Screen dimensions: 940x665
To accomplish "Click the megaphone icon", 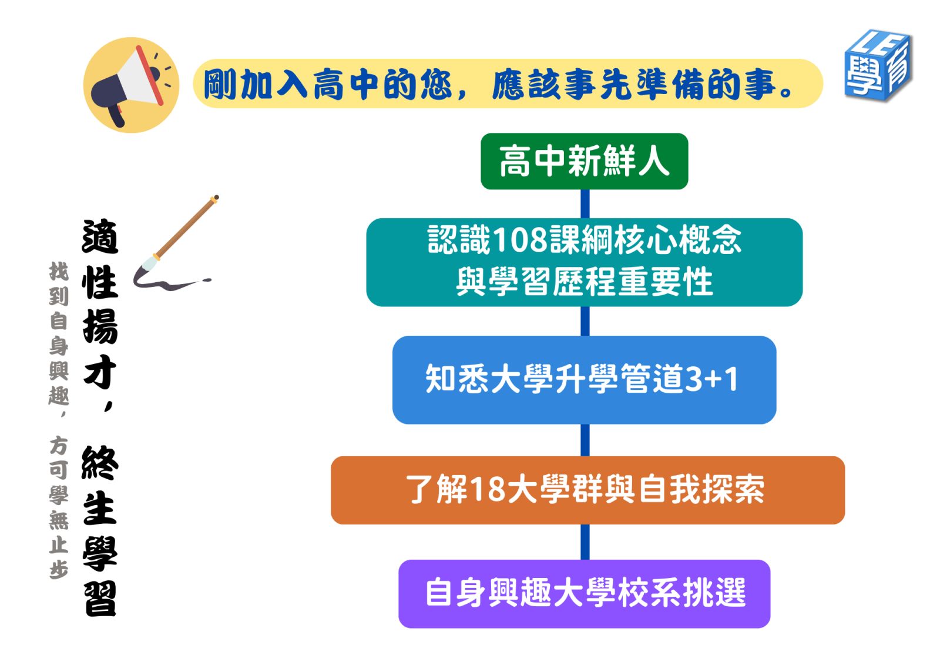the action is click(x=132, y=85).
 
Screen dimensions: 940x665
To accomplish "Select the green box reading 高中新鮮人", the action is click(x=584, y=161).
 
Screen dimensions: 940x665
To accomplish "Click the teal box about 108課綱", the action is click(x=584, y=262).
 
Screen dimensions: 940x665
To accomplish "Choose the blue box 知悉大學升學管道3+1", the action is click(x=584, y=380).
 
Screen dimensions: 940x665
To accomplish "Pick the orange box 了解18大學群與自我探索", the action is click(x=587, y=490).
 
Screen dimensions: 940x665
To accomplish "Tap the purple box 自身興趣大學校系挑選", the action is click(x=584, y=594).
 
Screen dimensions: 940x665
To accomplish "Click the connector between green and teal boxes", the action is click(x=585, y=204).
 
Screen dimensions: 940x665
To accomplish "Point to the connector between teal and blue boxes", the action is click(x=585, y=322).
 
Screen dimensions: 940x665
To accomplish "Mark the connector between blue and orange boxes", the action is click(x=585, y=440).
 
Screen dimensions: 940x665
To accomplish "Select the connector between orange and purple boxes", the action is click(x=585, y=542).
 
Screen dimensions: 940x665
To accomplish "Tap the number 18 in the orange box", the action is click(x=488, y=489).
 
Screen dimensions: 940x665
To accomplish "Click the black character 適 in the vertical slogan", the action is click(x=100, y=236).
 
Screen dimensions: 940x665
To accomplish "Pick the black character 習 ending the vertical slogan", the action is click(x=100, y=599).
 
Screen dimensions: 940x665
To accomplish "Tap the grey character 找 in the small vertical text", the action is click(x=59, y=272).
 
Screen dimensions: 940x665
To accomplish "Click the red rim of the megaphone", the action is click(x=149, y=75).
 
